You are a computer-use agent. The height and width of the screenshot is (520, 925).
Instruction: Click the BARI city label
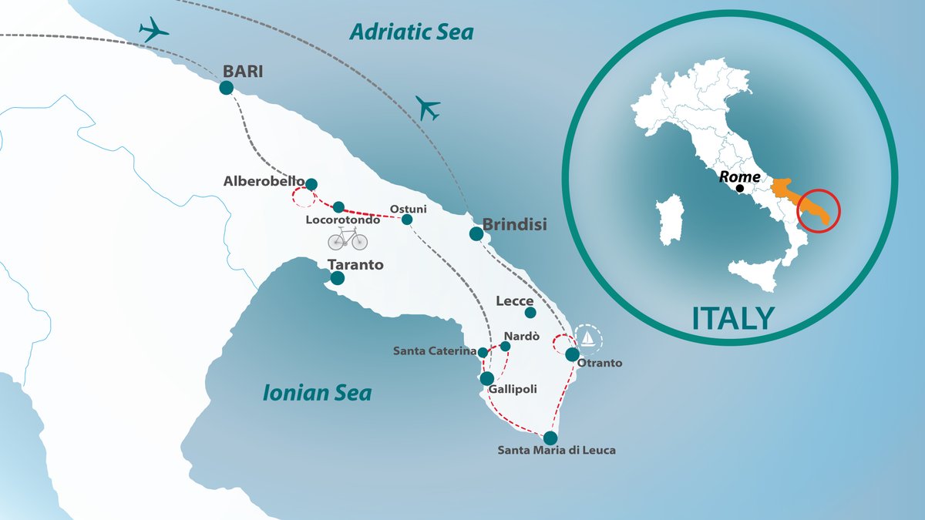pos(242,71)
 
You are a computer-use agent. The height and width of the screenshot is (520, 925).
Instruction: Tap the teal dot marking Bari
pos(226,88)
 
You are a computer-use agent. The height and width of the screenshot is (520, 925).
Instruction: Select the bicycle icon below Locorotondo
pos(348,239)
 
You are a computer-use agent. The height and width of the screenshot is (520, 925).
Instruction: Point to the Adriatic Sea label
pos(411,32)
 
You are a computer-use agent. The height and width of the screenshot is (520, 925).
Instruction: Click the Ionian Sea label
pos(317,394)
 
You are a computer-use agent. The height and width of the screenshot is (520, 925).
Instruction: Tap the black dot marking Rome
pos(740,188)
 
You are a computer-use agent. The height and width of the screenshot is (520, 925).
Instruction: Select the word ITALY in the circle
pos(732,317)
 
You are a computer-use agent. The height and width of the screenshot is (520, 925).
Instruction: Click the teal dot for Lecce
pos(530,313)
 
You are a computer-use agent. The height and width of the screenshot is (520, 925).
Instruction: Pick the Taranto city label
pos(355,265)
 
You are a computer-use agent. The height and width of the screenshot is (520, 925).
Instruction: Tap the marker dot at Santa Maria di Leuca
pos(550,437)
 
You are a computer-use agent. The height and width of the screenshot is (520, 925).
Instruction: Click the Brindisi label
pos(514,226)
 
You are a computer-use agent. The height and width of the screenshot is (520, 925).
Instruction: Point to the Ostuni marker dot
pos(407,220)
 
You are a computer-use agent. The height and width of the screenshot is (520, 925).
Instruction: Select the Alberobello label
pos(264,182)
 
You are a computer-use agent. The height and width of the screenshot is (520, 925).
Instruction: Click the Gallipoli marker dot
pos(487,378)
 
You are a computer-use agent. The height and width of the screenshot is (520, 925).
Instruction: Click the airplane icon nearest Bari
pos(154,30)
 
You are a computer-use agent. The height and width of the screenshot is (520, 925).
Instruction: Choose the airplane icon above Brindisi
pos(427,107)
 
